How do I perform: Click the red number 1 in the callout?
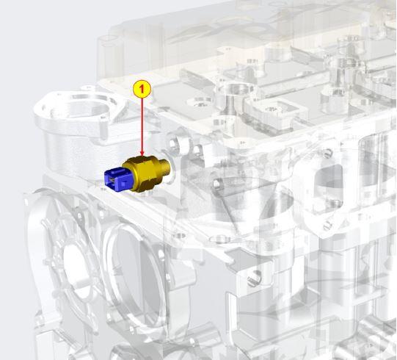[142, 89]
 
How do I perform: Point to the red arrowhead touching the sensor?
[142, 154]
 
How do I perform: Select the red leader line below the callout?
[142, 125]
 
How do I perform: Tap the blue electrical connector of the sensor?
[119, 179]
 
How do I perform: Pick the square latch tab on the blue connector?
[123, 183]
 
